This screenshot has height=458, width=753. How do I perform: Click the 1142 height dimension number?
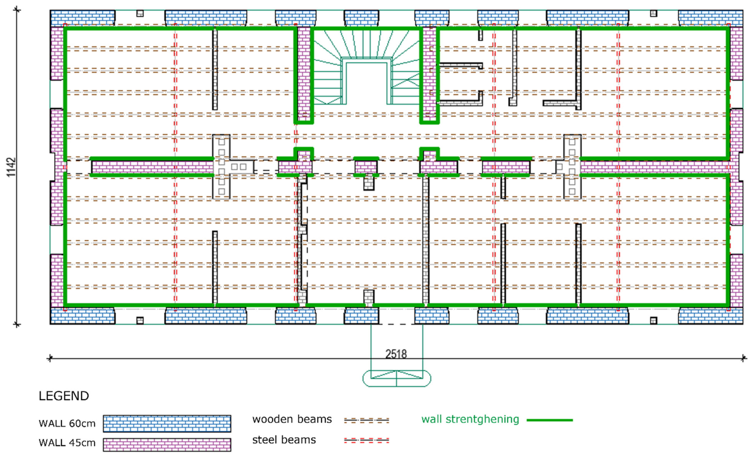pos(11,167)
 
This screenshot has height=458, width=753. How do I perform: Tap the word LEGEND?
pos(64,396)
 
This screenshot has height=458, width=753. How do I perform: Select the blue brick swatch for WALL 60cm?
pos(167,423)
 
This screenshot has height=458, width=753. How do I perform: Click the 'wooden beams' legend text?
pos(292,419)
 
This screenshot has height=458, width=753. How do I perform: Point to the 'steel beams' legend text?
pos(284,440)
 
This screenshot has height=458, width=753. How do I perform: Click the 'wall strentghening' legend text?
pos(470,419)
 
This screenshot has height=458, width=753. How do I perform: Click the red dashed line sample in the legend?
pos(366,441)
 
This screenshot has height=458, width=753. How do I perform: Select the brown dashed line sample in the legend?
pos(366,420)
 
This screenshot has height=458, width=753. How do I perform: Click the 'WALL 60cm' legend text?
pos(67,423)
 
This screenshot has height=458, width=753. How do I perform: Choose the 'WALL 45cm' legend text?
pos(67,443)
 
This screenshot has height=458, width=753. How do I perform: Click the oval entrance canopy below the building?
pos(397,378)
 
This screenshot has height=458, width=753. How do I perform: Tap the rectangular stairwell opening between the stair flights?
pos(366,83)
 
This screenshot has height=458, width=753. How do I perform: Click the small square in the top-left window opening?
pos(140,13)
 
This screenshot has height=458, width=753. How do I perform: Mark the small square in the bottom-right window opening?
pos(653,320)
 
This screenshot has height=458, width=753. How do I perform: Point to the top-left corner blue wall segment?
pos(83,18)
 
